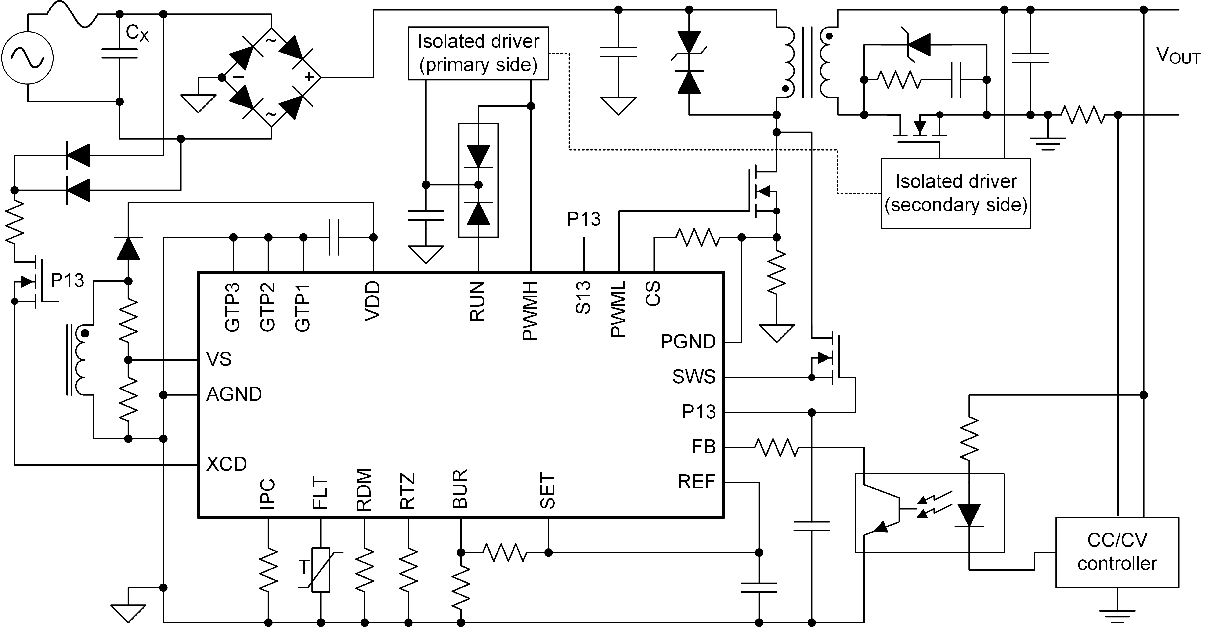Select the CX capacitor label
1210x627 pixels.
[137, 33]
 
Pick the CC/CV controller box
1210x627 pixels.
[1117, 552]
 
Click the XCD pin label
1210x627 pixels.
[226, 464]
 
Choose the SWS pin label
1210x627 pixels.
[694, 377]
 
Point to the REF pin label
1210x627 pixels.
[697, 481]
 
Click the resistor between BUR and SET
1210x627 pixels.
[505, 552]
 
